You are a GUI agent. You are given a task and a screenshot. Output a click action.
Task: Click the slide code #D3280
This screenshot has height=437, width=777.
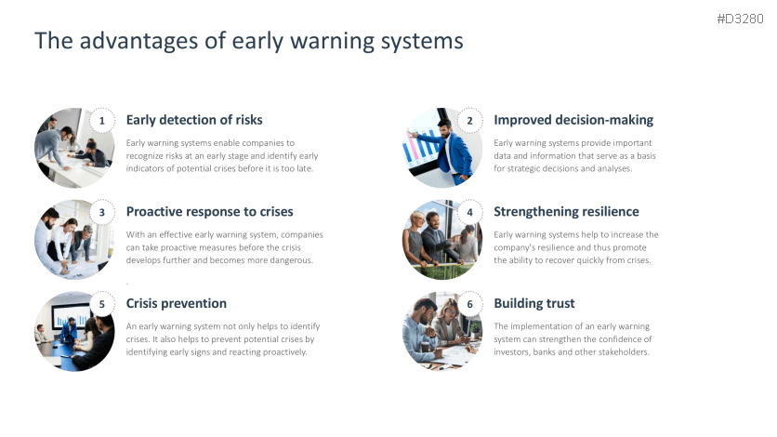click(x=740, y=19)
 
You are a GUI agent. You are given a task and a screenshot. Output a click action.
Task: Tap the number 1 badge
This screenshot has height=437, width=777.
click(x=102, y=121)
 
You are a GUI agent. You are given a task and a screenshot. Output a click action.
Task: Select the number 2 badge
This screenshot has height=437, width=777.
click(x=469, y=121)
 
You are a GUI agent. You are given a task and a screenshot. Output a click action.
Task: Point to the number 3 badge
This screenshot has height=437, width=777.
click(x=102, y=213)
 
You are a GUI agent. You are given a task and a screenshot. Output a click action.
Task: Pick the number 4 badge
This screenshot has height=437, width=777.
click(x=469, y=213)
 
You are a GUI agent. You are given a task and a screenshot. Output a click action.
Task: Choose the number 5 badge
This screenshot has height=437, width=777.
click(x=102, y=304)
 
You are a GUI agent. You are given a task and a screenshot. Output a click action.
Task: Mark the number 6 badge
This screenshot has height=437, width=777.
click(x=469, y=304)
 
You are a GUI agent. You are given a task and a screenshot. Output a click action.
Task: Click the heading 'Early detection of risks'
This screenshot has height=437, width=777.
click(x=194, y=120)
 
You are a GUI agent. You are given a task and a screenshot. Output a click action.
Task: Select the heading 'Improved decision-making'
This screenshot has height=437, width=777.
click(x=573, y=120)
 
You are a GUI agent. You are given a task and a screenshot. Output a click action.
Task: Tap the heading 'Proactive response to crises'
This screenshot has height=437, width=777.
click(x=210, y=212)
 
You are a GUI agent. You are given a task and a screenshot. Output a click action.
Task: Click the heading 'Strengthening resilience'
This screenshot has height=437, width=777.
click(x=566, y=212)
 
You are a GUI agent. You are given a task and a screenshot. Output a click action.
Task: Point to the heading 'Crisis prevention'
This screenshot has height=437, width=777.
click(x=177, y=303)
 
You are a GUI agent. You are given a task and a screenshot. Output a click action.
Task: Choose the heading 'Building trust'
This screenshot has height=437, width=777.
click(x=534, y=303)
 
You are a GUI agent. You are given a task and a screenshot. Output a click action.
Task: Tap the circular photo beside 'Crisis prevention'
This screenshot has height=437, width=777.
click(x=74, y=331)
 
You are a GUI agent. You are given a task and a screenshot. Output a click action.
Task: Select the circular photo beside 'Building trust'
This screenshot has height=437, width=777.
click(x=442, y=331)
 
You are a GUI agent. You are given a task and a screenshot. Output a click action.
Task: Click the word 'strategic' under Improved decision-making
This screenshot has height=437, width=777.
click(x=522, y=169)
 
